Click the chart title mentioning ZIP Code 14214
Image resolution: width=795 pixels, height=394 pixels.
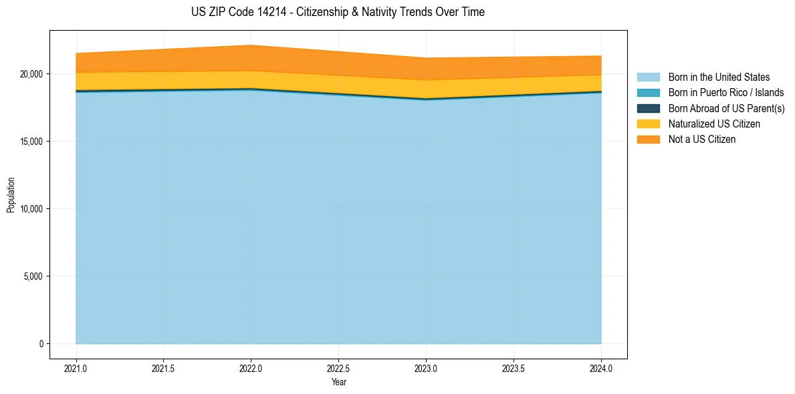[x=338, y=12]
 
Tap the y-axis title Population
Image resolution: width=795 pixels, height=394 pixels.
[x=11, y=195]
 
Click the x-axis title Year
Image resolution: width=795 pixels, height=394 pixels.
[x=338, y=382]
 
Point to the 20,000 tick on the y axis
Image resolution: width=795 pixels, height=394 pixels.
[x=31, y=74]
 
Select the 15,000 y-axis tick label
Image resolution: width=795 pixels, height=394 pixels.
[x=31, y=142]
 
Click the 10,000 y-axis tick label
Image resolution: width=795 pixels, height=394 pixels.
[x=31, y=209]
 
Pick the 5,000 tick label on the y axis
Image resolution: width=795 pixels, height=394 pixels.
[x=33, y=276]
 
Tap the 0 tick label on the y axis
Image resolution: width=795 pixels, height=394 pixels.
[x=40, y=344]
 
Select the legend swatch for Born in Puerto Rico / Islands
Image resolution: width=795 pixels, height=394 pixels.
[x=648, y=93]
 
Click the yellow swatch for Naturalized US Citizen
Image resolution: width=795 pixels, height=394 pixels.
[x=648, y=124]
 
